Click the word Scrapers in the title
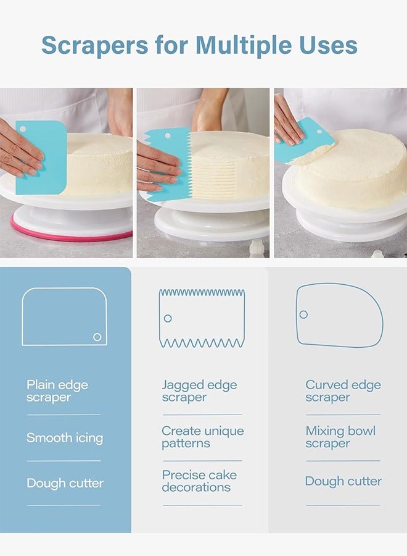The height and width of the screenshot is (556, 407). [x=95, y=45]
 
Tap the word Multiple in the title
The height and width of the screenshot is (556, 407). [x=244, y=45]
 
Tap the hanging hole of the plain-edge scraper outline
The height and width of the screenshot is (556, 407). [x=97, y=337]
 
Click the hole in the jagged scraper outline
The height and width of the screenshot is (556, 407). [x=168, y=318]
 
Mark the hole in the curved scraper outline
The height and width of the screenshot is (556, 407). [x=303, y=314]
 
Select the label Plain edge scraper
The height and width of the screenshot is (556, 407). [x=57, y=391]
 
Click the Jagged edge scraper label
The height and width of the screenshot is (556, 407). [x=199, y=391]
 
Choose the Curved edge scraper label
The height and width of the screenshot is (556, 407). [x=343, y=391]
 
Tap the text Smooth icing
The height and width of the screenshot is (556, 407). [x=65, y=438]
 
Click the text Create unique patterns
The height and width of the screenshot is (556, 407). [x=203, y=437]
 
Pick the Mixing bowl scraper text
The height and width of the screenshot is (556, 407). [x=340, y=437]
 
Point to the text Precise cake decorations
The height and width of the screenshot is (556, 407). [x=199, y=481]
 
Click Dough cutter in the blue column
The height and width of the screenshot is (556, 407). [x=65, y=483]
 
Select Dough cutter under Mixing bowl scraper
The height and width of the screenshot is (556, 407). [x=343, y=481]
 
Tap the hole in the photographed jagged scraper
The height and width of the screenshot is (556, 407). [x=168, y=135]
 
